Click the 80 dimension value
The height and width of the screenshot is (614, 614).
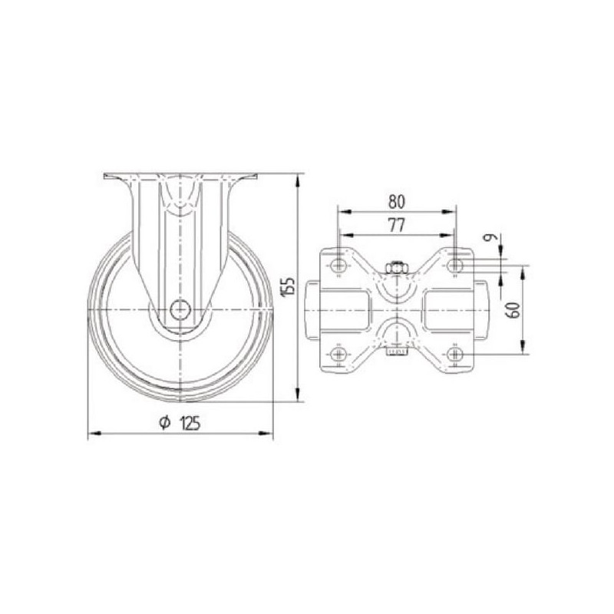coord(397,201)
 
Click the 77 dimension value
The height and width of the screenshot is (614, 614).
coord(396,225)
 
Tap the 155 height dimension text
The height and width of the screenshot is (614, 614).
coord(289,286)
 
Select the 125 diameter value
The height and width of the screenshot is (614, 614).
coord(190,423)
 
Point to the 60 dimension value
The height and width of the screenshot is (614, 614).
coord(515,310)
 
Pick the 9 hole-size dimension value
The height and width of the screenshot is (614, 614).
coord(491,237)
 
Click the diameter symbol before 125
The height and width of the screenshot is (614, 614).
coord(165,423)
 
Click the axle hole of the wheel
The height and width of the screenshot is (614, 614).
coord(180,310)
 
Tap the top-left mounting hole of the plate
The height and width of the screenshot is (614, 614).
coord(338,266)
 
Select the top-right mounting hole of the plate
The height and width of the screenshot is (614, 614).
coord(454,266)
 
